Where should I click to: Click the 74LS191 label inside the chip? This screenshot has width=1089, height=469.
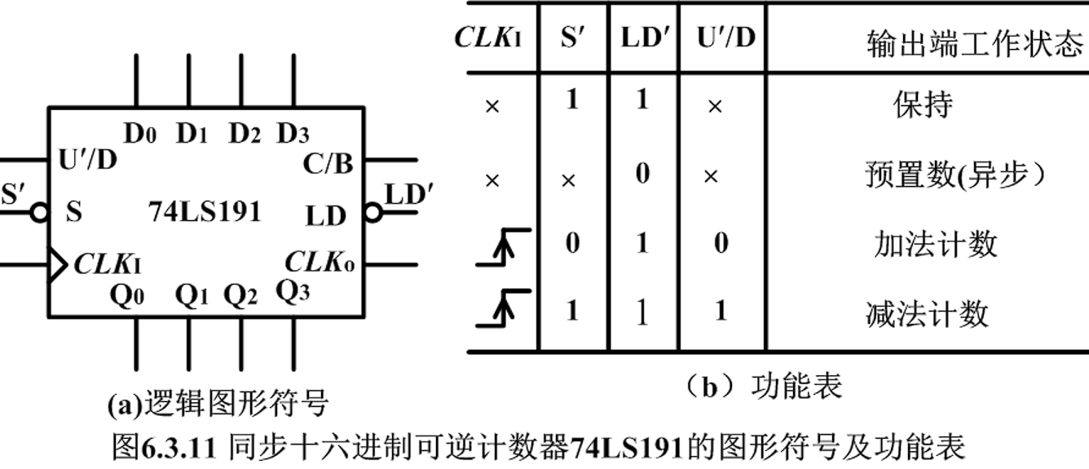(x=205, y=212)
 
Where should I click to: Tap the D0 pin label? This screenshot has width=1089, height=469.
(x=140, y=133)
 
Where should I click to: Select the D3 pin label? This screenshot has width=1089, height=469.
(x=293, y=133)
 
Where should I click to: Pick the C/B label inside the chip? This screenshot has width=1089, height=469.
(x=328, y=164)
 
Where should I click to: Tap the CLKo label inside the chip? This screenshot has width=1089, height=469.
(x=320, y=263)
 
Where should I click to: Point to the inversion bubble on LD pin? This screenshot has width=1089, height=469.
(x=373, y=213)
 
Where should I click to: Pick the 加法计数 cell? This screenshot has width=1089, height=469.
(x=935, y=244)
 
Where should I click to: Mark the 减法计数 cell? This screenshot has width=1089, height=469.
(x=927, y=313)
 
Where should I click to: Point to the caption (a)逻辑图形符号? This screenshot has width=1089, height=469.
(x=218, y=403)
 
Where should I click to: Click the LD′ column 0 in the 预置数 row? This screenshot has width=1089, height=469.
(x=643, y=175)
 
